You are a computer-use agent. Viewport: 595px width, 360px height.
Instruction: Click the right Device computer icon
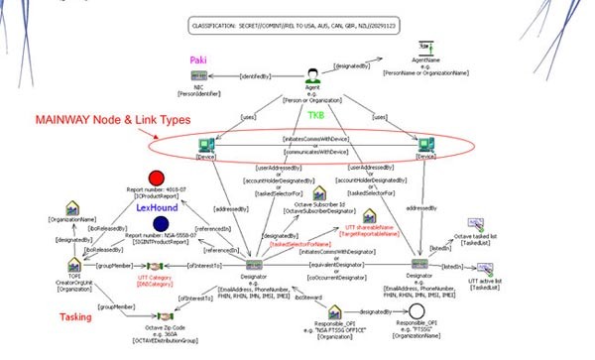(426, 145)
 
